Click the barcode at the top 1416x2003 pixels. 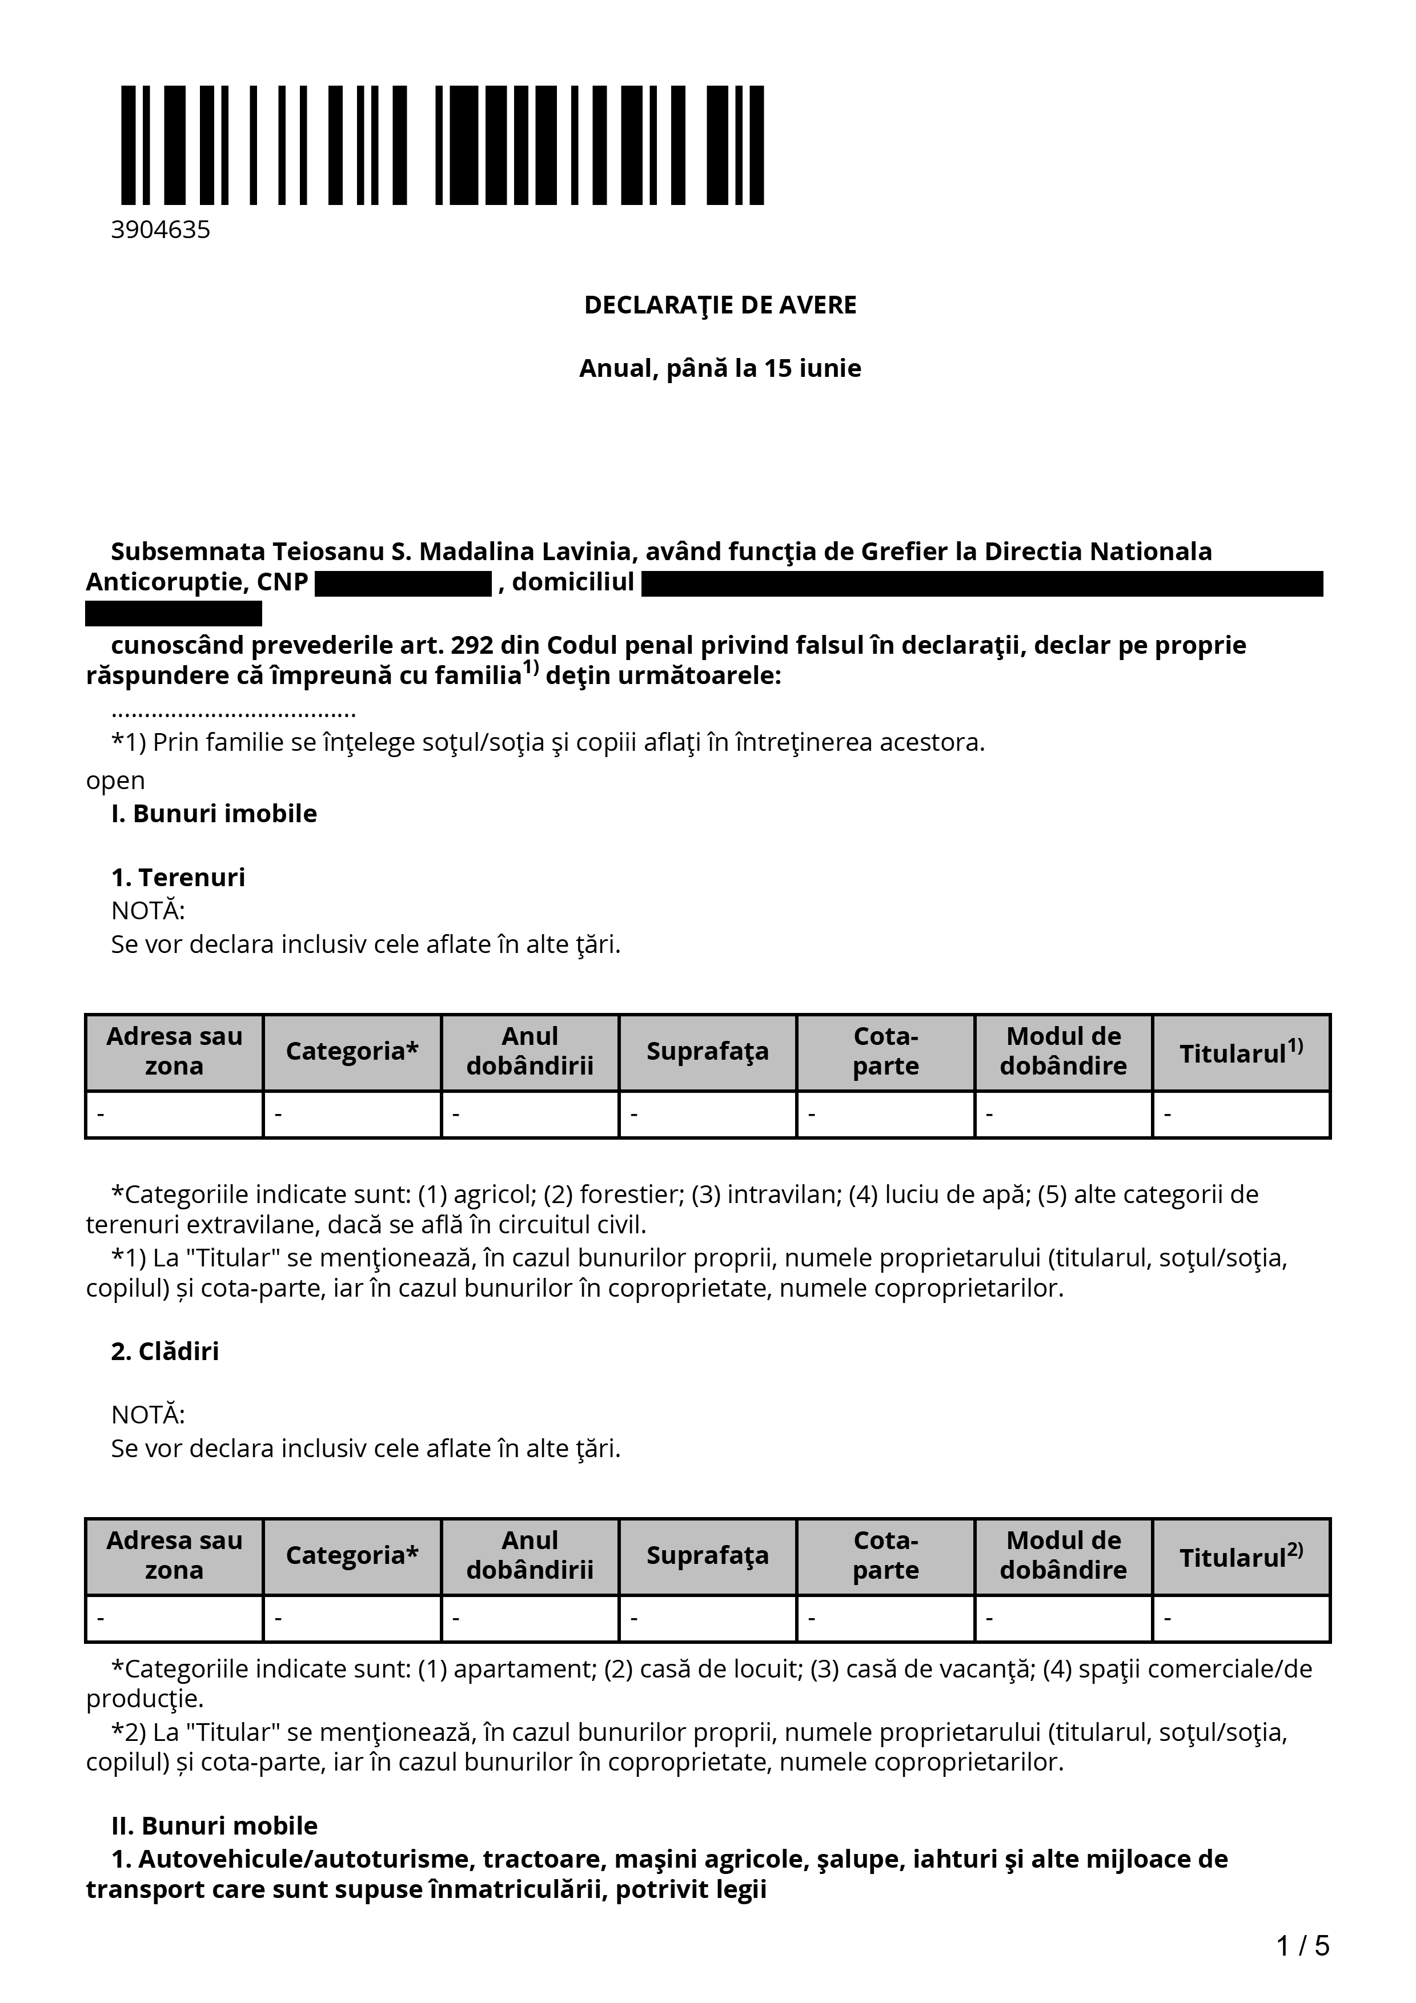(442, 145)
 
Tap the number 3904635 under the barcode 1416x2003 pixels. (161, 230)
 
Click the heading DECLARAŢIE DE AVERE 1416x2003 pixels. (720, 305)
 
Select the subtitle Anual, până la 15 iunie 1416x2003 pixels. (720, 368)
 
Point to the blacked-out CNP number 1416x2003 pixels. (403, 584)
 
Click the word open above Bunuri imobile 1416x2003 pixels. (115, 781)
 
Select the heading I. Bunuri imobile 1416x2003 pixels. (214, 814)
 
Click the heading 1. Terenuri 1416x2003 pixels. (178, 878)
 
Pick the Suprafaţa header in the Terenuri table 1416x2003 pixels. (708, 1051)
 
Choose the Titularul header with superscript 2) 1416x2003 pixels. (1241, 1556)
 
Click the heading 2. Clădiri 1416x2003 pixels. (165, 1352)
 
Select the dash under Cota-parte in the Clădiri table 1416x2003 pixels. (811, 1619)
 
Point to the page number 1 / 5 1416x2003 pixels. (1302, 1946)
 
